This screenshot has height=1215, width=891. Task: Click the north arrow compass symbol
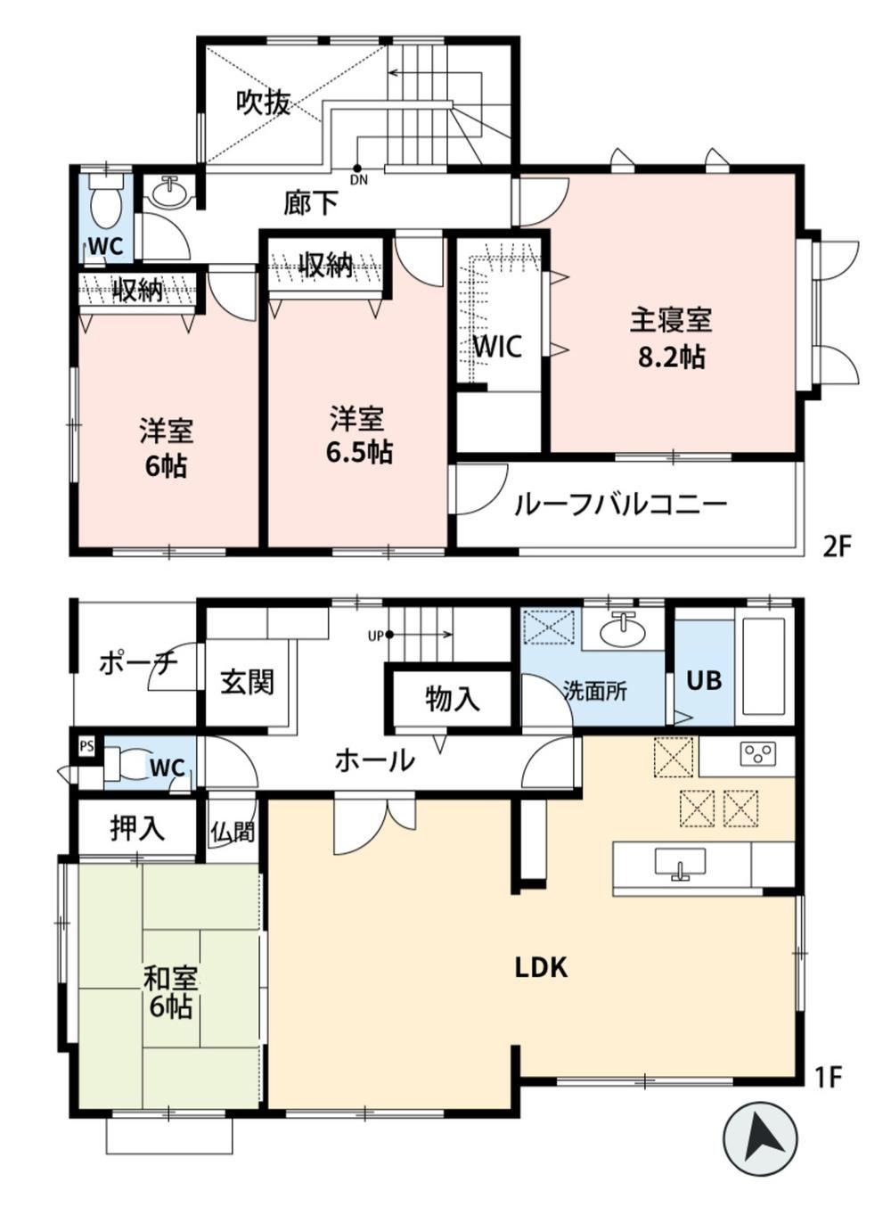(760, 1130)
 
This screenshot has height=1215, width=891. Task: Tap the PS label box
(86, 746)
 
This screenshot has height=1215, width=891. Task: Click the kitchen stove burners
(758, 754)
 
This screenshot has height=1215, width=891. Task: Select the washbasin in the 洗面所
(624, 630)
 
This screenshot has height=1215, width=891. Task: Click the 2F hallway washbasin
(170, 192)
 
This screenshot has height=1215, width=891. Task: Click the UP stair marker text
(376, 636)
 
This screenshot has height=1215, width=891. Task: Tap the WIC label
(497, 346)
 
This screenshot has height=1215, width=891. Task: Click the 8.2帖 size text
(671, 357)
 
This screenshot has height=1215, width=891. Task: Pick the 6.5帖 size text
(360, 451)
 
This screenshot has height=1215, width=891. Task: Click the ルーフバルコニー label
(620, 505)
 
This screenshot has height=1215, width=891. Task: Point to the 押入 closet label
(137, 828)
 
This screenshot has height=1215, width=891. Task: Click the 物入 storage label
(453, 698)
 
